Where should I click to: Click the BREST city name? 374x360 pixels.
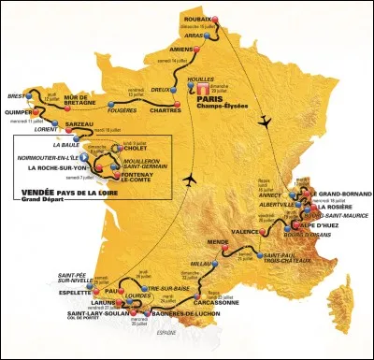tap(16, 96)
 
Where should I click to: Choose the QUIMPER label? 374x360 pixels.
tap(20, 132)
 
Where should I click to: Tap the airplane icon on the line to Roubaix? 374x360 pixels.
tap(266, 120)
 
